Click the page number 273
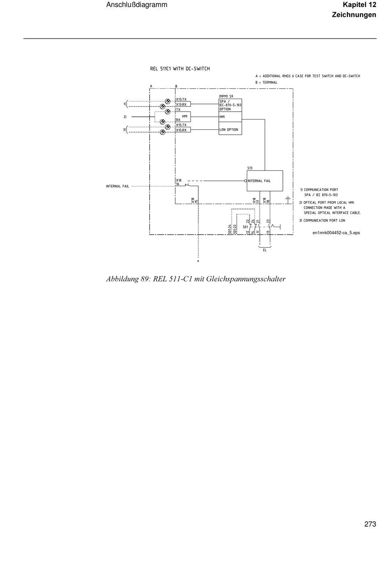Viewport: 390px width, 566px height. pyautogui.click(x=369, y=524)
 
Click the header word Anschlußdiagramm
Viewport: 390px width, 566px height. pyautogui.click(x=137, y=5)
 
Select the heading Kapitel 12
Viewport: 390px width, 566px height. pyautogui.click(x=359, y=5)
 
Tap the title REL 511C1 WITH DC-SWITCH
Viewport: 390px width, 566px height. pyautogui.click(x=180, y=69)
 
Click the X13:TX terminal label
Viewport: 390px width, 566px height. pyautogui.click(x=181, y=99)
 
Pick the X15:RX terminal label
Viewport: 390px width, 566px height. pyautogui.click(x=181, y=130)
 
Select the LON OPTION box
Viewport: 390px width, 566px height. pyautogui.click(x=229, y=129)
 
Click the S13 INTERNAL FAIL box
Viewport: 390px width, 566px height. pyautogui.click(x=264, y=181)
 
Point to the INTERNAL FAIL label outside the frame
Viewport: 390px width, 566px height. pyautogui.click(x=117, y=186)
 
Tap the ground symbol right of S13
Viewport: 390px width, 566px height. pyautogui.click(x=288, y=199)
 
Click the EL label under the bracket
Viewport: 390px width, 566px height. pyautogui.click(x=264, y=250)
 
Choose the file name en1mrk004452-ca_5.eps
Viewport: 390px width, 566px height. pyautogui.click(x=336, y=232)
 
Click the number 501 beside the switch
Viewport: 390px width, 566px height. pyautogui.click(x=245, y=227)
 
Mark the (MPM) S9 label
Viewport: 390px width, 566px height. pyautogui.click(x=226, y=96)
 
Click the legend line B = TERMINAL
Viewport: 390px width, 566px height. pyautogui.click(x=266, y=82)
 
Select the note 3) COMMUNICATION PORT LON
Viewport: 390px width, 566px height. pyautogui.click(x=322, y=221)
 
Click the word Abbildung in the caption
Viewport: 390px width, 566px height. pyautogui.click(x=122, y=279)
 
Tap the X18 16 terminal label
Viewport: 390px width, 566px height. pyautogui.click(x=179, y=182)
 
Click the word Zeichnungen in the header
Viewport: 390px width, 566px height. pyautogui.click(x=353, y=15)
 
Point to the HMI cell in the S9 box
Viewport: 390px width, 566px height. pyautogui.click(x=229, y=117)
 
